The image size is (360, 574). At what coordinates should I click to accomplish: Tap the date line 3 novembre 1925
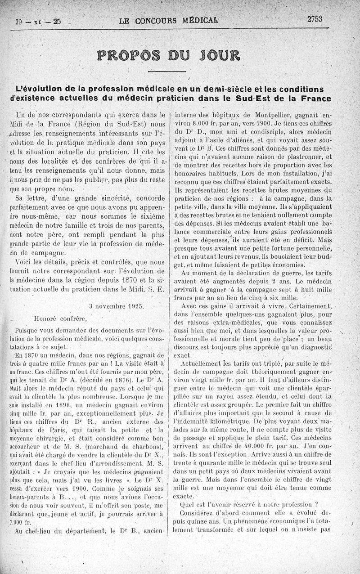click(117, 305)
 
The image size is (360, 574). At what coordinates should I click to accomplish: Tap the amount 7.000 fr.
click(20, 523)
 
